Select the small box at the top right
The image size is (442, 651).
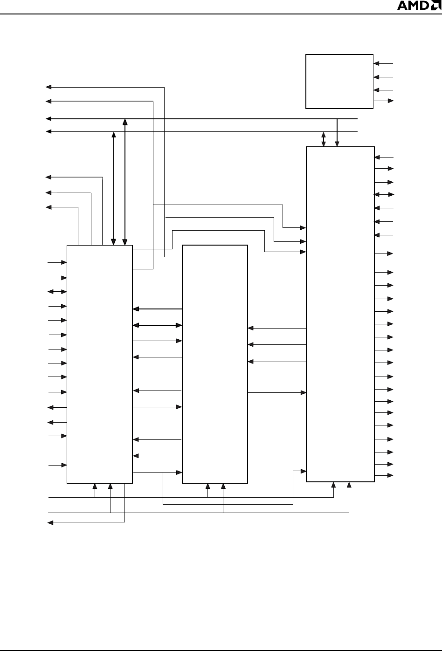tap(339, 82)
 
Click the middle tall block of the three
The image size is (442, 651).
tap(214, 364)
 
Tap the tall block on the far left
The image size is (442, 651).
tap(99, 364)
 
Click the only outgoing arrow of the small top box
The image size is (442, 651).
tap(384, 101)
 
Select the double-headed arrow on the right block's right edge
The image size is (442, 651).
tap(384, 194)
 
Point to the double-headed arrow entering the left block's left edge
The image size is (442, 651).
tap(57, 292)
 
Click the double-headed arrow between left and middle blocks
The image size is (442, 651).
tap(157, 325)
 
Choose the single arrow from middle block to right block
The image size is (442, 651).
tap(277, 393)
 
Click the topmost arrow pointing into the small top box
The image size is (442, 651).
tap(384, 63)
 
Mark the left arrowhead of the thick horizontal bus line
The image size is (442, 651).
tap(48, 119)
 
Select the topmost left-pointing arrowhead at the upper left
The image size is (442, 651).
tap(47, 87)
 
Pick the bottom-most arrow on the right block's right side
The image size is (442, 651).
tap(384, 475)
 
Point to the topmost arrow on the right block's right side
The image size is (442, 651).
tap(384, 158)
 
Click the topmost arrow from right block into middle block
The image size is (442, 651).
tap(277, 328)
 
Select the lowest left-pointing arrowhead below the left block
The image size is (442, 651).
tap(51, 523)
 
